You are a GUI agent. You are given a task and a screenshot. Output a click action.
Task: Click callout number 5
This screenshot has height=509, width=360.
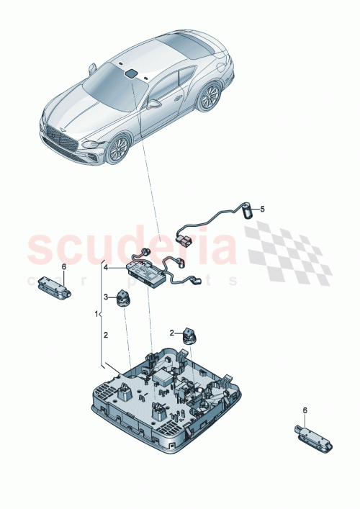(x=263, y=210)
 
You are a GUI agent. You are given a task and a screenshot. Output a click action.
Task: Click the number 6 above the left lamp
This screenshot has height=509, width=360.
(x=63, y=267)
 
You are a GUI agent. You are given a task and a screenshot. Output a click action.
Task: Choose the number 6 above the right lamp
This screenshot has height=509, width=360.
(x=304, y=410)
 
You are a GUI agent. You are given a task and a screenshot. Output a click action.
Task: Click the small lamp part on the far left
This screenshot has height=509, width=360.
(x=55, y=285)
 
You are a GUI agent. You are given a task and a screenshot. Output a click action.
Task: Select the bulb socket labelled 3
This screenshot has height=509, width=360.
(x=123, y=297)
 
